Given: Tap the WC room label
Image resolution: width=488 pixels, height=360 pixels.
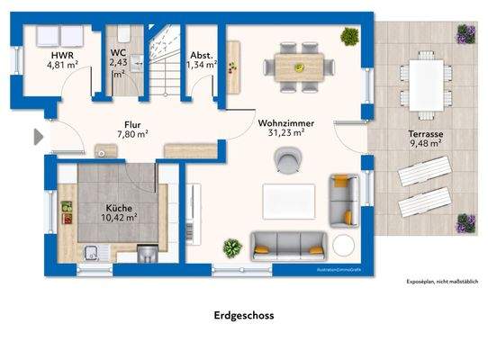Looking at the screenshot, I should (x=118, y=53).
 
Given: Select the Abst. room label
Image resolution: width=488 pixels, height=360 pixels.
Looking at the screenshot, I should (x=201, y=53).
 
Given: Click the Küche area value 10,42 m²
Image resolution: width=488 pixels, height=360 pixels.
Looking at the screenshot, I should (x=118, y=217).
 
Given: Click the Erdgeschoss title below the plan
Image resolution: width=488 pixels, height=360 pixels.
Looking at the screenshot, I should (x=243, y=316).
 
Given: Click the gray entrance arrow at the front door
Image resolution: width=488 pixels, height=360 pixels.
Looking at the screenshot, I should (x=37, y=137).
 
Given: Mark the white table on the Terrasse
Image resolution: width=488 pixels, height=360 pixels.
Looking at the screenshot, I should (x=423, y=84).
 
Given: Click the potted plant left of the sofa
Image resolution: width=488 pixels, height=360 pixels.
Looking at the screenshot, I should (x=232, y=247).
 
